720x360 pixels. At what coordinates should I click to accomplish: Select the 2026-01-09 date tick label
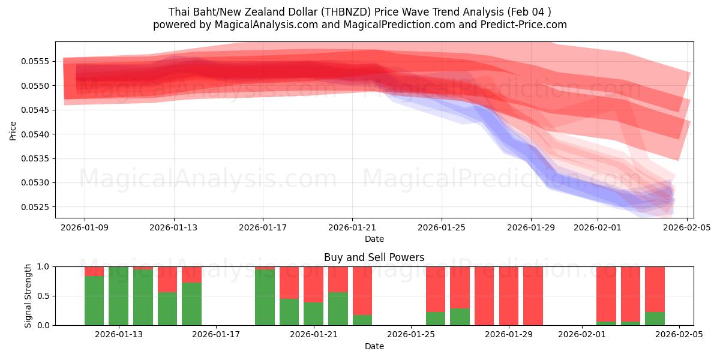[x=84, y=227]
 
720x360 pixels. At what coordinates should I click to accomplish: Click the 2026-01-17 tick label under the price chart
[x=263, y=227]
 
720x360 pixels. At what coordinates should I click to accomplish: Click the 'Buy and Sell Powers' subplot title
[x=374, y=257]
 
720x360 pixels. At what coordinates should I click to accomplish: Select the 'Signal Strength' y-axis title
[x=28, y=296]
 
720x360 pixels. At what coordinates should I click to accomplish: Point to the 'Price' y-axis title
[x=13, y=130]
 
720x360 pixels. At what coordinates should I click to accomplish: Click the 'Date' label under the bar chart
[x=374, y=346]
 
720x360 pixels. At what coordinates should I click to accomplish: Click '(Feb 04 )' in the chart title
[x=529, y=12]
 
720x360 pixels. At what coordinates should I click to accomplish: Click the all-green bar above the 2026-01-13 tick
[x=118, y=296]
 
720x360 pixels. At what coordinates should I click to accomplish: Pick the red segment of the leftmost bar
[x=94, y=271]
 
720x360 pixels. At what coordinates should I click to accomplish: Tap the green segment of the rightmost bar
[x=655, y=319]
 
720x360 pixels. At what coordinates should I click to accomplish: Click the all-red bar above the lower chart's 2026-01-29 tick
[x=509, y=296]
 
